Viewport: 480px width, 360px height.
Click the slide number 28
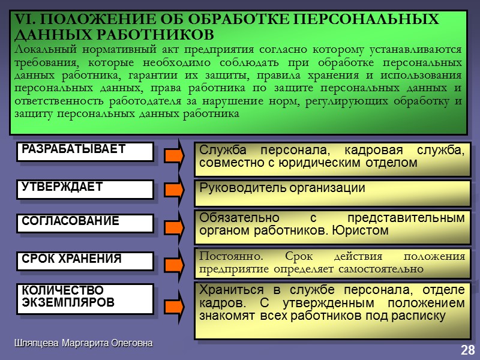(467, 350)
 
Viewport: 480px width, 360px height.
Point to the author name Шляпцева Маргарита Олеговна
(84, 343)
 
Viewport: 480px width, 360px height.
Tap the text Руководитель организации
(282, 188)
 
